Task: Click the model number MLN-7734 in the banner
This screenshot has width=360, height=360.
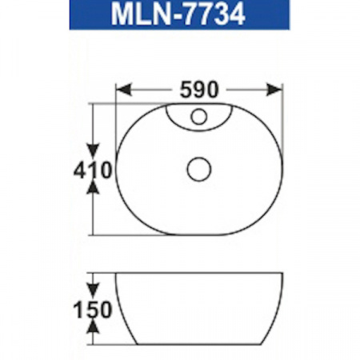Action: point(179,15)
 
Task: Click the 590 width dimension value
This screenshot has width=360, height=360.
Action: point(199,89)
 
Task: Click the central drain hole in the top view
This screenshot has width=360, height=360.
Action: point(198,169)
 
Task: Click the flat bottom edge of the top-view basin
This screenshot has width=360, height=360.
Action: point(200,235)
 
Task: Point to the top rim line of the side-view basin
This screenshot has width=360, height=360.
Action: point(200,274)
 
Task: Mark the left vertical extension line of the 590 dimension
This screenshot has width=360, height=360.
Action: point(116,100)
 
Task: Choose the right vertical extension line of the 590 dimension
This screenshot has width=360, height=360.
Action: point(283,100)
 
